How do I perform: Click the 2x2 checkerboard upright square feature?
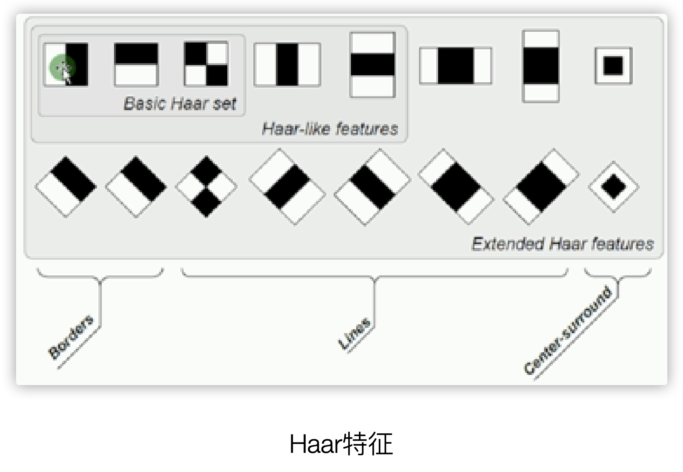[206, 64]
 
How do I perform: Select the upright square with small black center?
[613, 65]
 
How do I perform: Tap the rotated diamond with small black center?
[613, 187]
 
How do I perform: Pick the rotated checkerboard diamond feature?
[206, 187]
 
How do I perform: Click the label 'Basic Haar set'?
[180, 104]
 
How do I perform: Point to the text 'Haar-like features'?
[330, 129]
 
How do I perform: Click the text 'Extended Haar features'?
[562, 244]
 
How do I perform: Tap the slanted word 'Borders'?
[71, 337]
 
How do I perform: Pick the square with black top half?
[136, 64]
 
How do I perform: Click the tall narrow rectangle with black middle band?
[540, 66]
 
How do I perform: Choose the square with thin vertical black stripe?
[287, 65]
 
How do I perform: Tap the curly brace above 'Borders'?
[100, 275]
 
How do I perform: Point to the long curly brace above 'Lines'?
[374, 275]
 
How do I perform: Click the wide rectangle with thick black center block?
[455, 65]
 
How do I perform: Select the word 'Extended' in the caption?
[507, 244]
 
